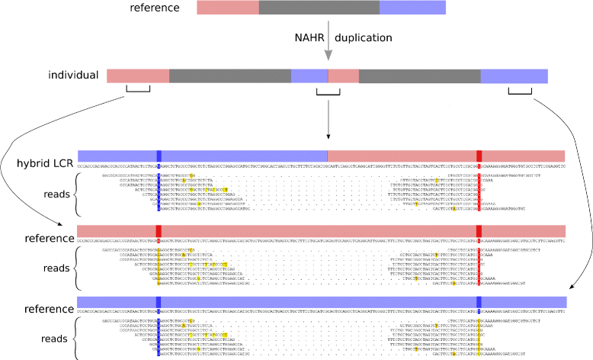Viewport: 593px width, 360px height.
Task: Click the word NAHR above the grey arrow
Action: pyautogui.click(x=310, y=38)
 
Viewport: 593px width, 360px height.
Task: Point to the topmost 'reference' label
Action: pyautogui.click(x=154, y=8)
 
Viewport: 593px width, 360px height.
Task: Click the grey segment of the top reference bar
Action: pyautogui.click(x=319, y=8)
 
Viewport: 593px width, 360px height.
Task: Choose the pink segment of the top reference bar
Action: pyautogui.click(x=227, y=8)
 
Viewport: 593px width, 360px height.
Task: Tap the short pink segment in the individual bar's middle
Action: pyautogui.click(x=343, y=76)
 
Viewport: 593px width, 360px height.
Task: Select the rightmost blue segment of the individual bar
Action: pyautogui.click(x=514, y=76)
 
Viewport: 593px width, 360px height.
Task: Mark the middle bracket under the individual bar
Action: pyautogui.click(x=328, y=92)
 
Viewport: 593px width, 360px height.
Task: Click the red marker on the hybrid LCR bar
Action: pyautogui.click(x=479, y=156)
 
